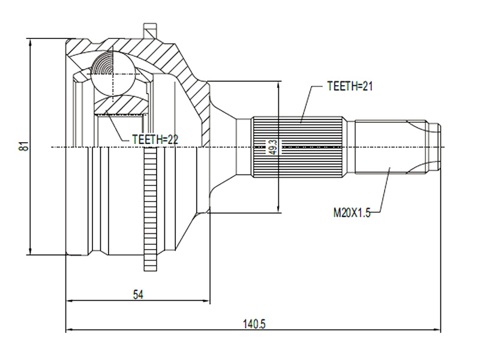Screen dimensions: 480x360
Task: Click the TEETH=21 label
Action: [x=350, y=86]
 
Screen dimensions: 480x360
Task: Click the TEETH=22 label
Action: [x=155, y=140]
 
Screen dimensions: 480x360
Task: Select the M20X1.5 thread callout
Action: [x=352, y=212]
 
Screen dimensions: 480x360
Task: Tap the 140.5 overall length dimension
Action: [x=254, y=324]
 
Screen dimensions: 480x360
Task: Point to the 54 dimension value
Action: [x=138, y=295]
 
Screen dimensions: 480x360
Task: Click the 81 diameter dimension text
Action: [x=24, y=146]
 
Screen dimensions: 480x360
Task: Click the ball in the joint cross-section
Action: [x=113, y=74]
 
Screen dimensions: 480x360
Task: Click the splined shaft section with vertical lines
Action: [x=297, y=147]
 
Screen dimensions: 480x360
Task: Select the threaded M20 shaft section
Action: [x=391, y=147]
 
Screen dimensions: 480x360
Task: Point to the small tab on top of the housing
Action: [x=150, y=31]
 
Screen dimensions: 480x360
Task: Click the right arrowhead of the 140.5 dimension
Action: [x=438, y=329]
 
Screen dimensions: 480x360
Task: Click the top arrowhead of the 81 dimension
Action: [x=30, y=43]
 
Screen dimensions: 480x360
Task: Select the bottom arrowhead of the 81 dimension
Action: [x=30, y=250]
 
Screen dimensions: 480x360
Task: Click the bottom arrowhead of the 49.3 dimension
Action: [x=278, y=208]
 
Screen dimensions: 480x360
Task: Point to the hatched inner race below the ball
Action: [x=122, y=104]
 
